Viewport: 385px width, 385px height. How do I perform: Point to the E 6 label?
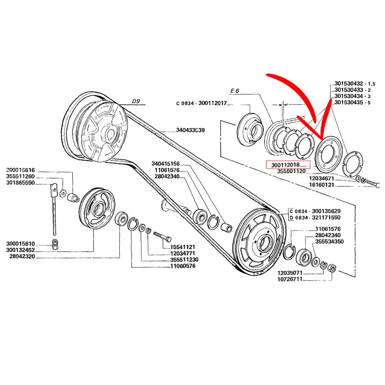coord(235,90)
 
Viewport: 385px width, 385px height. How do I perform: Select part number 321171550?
coord(327,218)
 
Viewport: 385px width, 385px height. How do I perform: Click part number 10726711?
coord(293,279)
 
